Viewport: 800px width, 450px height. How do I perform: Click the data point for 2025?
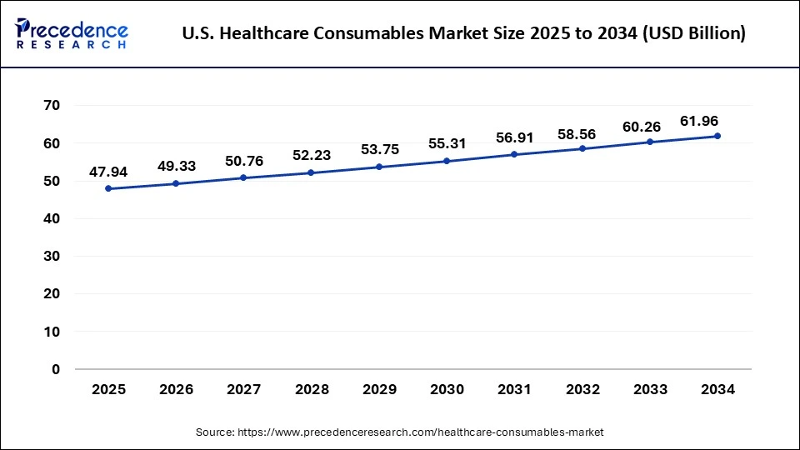107,188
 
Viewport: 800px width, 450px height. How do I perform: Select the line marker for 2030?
447,161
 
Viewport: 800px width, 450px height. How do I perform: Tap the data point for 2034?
717,136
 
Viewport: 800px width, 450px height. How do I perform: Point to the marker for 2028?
311,172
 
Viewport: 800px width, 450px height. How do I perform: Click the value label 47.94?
108,172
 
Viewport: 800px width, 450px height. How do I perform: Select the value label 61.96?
717,120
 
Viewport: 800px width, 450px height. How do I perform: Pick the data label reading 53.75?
379,150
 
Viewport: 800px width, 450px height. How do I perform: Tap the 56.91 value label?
514,138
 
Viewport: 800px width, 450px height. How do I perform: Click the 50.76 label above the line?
243,162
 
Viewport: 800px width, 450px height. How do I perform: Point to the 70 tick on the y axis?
52,106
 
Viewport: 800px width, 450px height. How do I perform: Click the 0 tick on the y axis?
57,369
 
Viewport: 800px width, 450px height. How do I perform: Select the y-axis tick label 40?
52,218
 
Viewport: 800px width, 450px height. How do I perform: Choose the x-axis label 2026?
176,389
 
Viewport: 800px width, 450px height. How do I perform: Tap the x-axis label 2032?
582,389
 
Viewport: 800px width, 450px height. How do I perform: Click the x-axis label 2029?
379,389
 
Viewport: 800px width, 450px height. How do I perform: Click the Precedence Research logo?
72,33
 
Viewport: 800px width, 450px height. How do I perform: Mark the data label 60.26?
650,127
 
